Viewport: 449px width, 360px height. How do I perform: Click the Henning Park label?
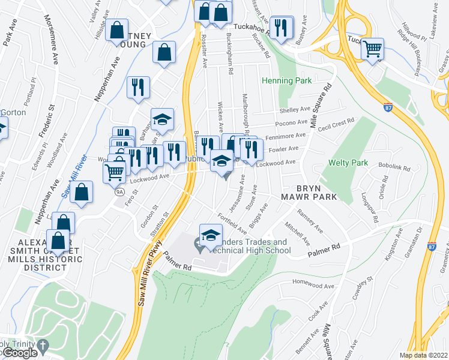tap(286, 81)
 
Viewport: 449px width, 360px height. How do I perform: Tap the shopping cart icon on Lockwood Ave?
tap(114, 172)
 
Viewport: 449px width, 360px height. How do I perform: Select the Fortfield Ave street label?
tap(232, 224)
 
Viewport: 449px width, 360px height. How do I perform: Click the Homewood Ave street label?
tap(312, 281)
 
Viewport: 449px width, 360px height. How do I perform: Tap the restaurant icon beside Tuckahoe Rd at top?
tap(281, 28)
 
